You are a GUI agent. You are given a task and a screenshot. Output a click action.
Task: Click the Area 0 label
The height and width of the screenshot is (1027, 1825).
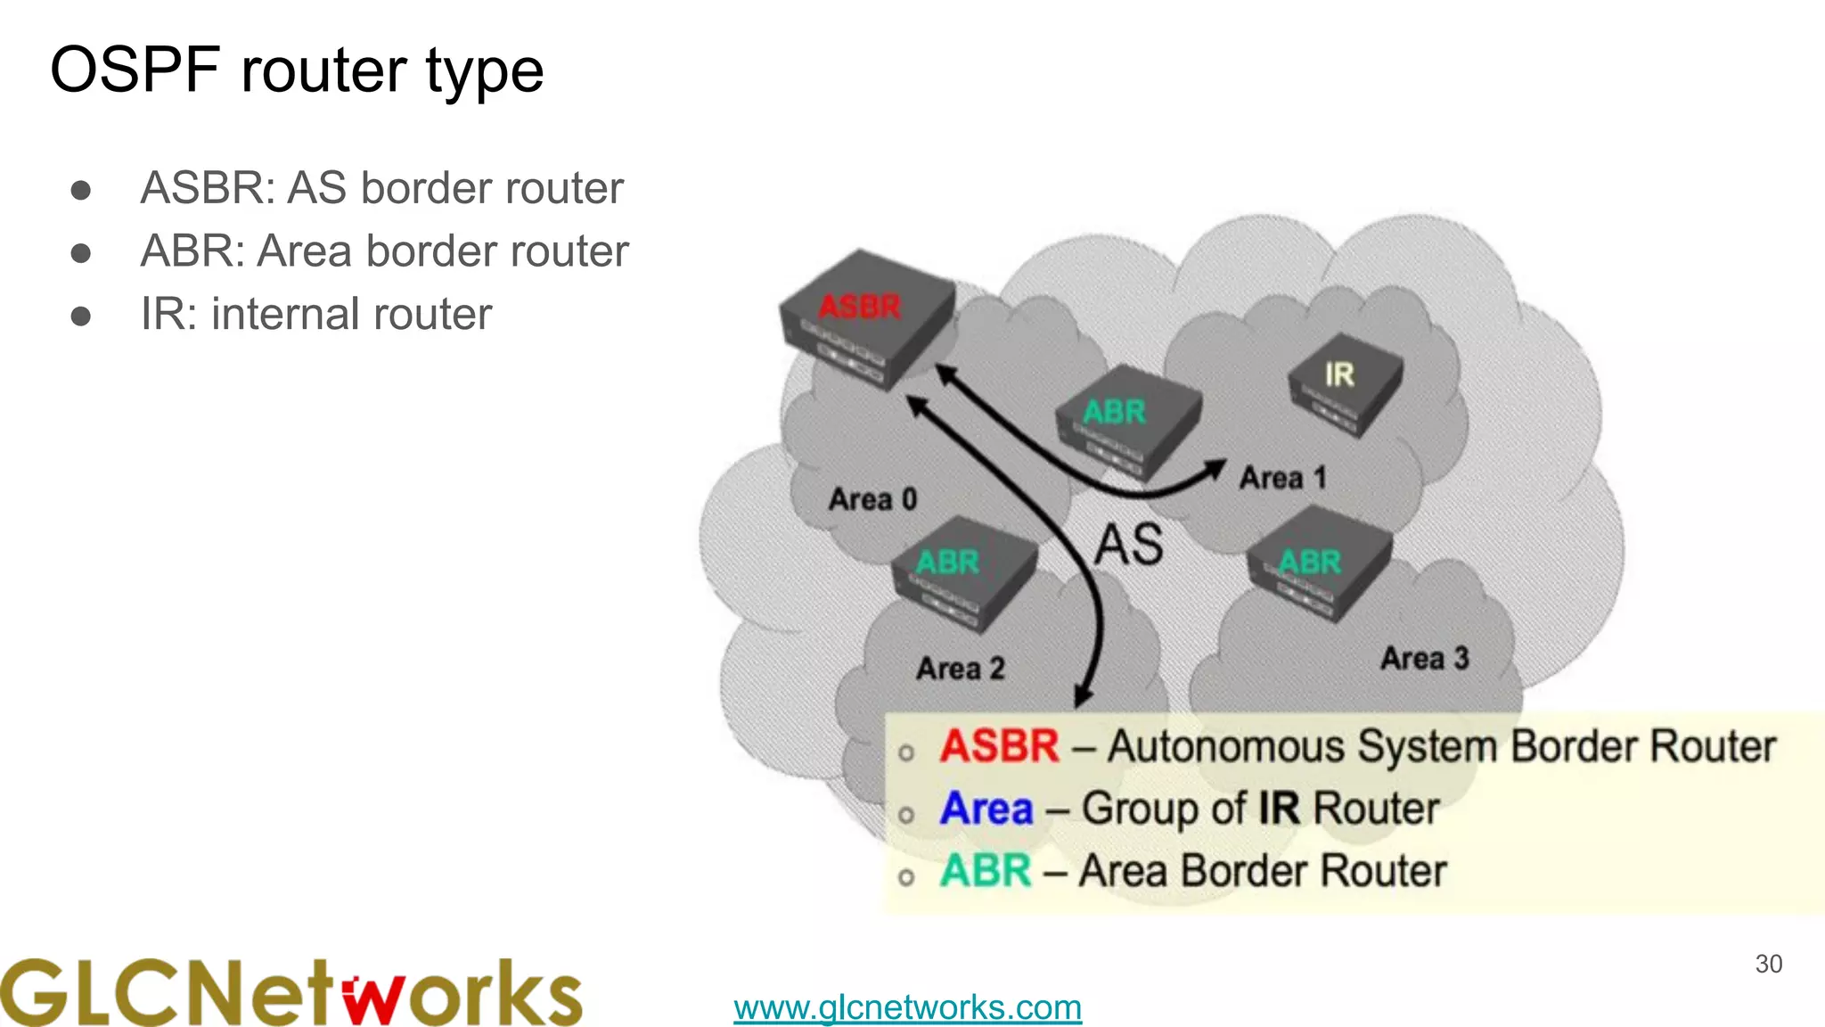pos(872,499)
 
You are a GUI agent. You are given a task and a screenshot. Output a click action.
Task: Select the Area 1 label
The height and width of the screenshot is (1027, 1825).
pos(1282,479)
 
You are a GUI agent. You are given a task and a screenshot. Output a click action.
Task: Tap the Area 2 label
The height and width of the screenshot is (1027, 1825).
pos(960,669)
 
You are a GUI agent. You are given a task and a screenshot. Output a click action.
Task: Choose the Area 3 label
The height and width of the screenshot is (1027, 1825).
pos(1424,659)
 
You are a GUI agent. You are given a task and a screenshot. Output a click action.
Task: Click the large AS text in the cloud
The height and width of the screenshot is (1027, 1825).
pos(1128,545)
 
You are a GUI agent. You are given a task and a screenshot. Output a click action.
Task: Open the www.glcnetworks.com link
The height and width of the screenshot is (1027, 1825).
pos(907,1007)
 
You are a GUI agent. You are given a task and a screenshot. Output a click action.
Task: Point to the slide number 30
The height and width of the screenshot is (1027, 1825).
pos(1768,964)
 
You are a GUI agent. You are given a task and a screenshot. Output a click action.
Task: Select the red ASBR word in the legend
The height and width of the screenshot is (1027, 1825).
pos(999,746)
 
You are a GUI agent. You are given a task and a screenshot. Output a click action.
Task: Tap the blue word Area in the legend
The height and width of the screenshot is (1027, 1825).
pos(986,809)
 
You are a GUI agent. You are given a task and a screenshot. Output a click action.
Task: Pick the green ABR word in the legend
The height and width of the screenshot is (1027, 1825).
pos(986,871)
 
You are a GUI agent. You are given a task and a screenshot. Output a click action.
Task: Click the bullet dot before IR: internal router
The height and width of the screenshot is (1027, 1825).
pos(81,316)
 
